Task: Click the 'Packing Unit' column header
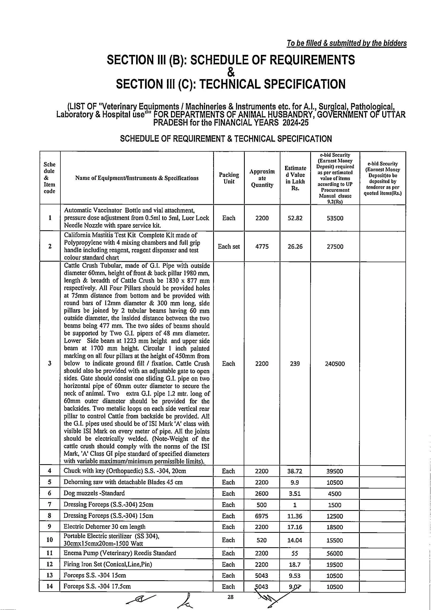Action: click(x=229, y=178)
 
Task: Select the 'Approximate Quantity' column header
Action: click(x=262, y=178)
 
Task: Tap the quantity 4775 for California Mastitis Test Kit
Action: click(x=262, y=246)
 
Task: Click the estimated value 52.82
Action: click(x=295, y=218)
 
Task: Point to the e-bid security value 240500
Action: click(x=335, y=364)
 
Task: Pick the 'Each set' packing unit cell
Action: click(x=229, y=246)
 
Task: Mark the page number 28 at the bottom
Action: click(x=231, y=597)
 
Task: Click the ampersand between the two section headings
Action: click(x=231, y=72)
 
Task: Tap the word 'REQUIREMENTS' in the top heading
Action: click(x=313, y=60)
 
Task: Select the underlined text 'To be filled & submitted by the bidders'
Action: click(x=346, y=43)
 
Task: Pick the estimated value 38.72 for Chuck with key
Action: click(x=295, y=471)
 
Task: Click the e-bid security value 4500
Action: click(x=335, y=494)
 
